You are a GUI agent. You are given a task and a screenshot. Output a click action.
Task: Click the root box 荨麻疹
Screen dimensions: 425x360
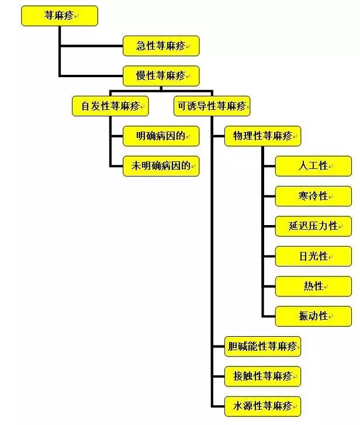click(59, 16)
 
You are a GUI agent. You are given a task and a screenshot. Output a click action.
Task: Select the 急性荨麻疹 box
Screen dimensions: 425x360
click(161, 46)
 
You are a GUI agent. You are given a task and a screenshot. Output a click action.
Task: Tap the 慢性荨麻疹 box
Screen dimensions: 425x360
click(161, 75)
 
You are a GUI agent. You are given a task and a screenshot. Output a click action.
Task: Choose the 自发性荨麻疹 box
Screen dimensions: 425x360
click(110, 106)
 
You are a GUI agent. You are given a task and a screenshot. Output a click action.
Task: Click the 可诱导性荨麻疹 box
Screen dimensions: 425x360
click(212, 106)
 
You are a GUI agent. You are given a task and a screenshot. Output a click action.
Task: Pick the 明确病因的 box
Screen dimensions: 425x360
click(161, 136)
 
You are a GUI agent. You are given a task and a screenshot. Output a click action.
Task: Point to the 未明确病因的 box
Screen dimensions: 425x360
click(161, 166)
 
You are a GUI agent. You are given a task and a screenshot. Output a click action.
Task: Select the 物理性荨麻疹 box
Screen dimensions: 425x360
click(262, 136)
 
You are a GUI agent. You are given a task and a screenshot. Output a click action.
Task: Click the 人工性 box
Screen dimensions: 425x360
click(313, 166)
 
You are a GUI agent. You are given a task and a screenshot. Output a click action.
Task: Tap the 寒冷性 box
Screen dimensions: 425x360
click(313, 196)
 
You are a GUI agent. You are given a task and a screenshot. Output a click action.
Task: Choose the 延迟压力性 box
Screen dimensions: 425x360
click(313, 226)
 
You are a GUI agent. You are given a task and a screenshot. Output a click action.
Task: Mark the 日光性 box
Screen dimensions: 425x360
click(313, 256)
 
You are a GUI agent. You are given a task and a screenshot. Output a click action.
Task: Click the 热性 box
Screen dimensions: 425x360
click(313, 286)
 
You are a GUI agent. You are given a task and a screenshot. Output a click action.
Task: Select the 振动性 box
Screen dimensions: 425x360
click(313, 316)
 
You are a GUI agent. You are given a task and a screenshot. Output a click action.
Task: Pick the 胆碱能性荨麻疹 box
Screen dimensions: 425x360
click(262, 346)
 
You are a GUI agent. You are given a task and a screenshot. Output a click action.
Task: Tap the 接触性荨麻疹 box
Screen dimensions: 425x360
click(262, 376)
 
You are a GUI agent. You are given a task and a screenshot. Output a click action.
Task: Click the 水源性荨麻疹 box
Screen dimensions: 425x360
click(262, 406)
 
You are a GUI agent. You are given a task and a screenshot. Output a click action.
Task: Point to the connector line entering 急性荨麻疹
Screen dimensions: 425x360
click(91, 46)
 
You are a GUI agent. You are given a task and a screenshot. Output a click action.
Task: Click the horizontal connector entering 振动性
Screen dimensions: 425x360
click(268, 316)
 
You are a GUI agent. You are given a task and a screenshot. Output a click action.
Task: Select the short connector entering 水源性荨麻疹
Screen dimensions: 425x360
click(218, 406)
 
